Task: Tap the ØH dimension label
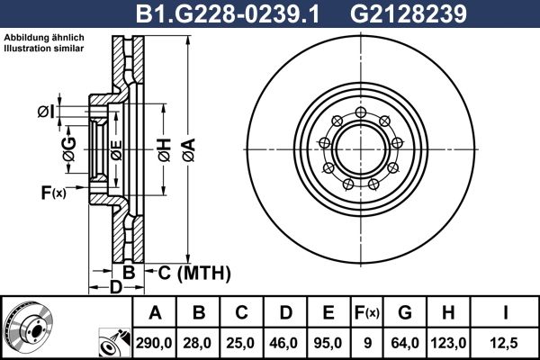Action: click(x=162, y=149)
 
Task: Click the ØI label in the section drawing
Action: click(x=46, y=112)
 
